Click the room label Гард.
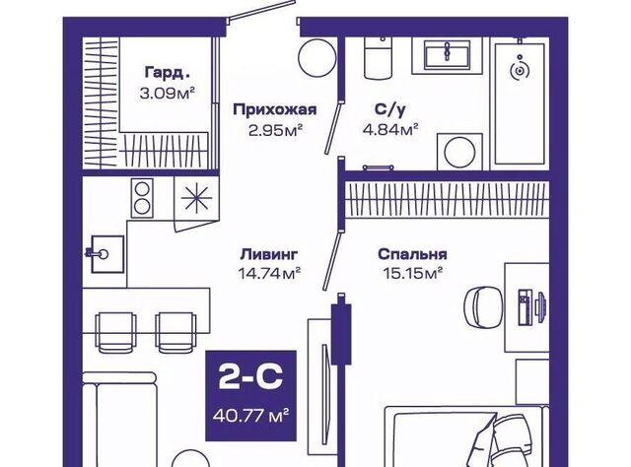tap(167, 73)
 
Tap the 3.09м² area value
tap(167, 94)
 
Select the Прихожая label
tap(275, 109)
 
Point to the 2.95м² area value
tap(275, 130)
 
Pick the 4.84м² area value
tap(390, 129)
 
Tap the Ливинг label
tap(269, 254)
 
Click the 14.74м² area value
tap(269, 274)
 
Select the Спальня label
tap(412, 254)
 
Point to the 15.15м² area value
tap(412, 274)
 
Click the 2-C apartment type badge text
tap(250, 377)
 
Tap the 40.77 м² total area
tap(251, 415)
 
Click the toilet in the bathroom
tap(378, 57)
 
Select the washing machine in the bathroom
tap(459, 152)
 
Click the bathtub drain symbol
tap(520, 71)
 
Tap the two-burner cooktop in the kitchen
tap(142, 198)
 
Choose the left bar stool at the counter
tap(115, 332)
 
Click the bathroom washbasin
tap(447, 56)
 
